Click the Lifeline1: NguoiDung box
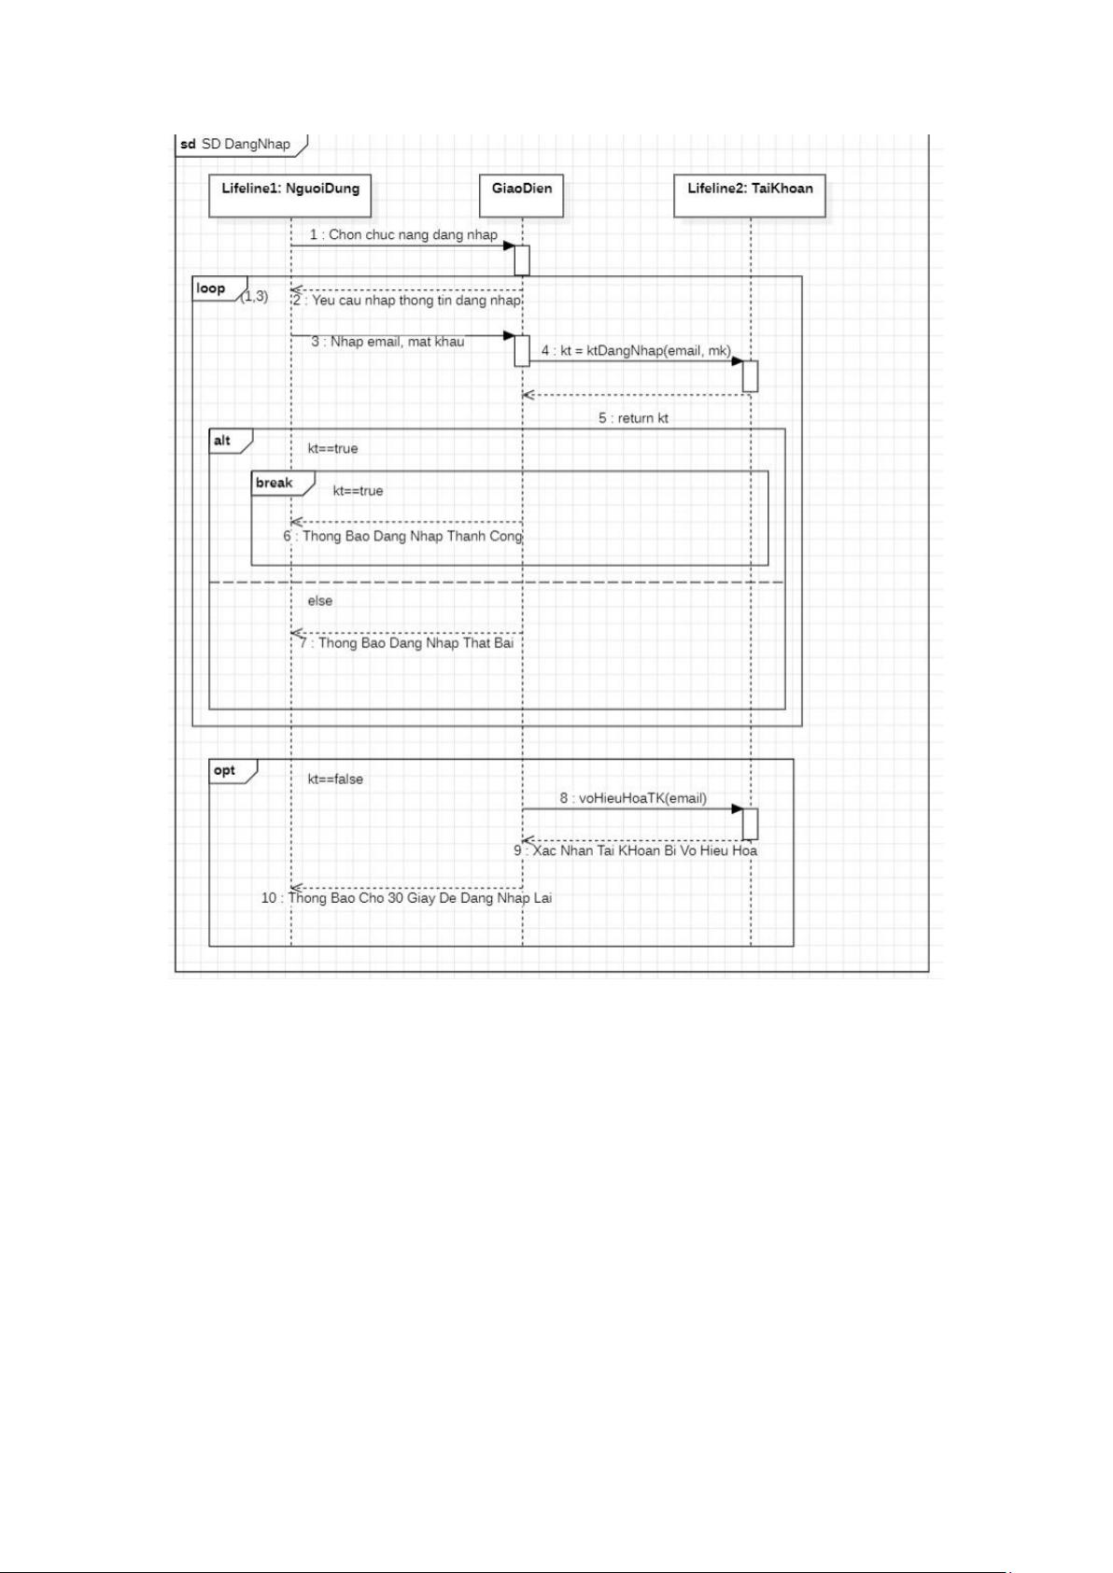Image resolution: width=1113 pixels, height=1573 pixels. coord(289,195)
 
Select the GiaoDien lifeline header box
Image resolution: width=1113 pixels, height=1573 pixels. coord(521,195)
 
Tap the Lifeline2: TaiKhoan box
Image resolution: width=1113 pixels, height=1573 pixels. coord(749,195)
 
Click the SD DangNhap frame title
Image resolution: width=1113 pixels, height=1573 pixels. coord(235,144)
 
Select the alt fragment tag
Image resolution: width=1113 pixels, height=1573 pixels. coord(231,441)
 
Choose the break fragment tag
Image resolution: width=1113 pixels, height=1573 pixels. coord(282,484)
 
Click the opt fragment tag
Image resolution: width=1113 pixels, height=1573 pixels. coord(233,770)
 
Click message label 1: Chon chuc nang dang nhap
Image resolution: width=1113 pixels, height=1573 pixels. coord(403,234)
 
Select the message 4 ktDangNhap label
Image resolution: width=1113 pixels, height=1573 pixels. coord(636,350)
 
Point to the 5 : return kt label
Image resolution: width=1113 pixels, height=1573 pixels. coord(633,418)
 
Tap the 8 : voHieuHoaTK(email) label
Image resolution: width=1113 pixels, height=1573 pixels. coord(633,798)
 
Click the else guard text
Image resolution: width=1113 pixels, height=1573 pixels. coord(319,601)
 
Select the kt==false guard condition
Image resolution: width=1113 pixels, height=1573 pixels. coord(335,779)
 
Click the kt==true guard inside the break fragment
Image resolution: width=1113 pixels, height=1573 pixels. coord(358,491)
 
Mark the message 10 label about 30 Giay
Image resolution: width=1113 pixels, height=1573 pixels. coord(406,898)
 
